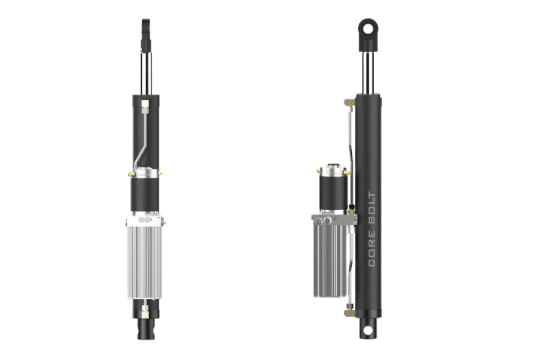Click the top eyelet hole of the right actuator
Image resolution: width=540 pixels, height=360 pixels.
coord(367,27)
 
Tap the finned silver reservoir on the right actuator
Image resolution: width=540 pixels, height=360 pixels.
coord(330,259)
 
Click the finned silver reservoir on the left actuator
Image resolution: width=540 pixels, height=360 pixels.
coord(144,262)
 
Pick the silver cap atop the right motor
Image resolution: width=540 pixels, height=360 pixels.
coord(333,170)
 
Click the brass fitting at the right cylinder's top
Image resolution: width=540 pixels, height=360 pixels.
coord(348,103)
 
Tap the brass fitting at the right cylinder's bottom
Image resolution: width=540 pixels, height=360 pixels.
coord(349,313)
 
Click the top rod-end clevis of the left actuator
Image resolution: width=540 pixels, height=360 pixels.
coord(146,29)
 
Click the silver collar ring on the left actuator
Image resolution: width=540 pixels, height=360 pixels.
coord(146,172)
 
